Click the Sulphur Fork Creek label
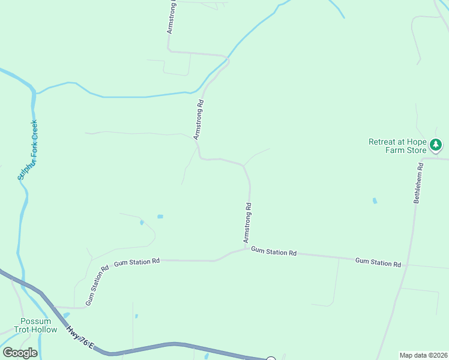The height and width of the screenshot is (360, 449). [28, 150]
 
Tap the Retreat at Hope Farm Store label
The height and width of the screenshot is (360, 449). [397, 146]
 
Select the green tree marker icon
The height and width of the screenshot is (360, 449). [436, 145]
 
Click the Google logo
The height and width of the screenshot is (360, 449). [20, 353]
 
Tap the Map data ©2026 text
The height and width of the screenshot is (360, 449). [423, 355]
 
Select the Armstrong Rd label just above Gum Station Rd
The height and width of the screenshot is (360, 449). [247, 223]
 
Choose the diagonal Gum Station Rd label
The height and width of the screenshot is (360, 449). [97, 286]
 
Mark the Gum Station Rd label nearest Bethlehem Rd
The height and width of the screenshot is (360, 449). [378, 262]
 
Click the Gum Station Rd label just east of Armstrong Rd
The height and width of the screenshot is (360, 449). [274, 252]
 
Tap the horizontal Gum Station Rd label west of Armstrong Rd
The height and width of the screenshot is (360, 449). [137, 262]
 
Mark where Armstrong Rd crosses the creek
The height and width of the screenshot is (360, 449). [226, 60]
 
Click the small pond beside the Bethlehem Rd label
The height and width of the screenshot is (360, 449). [375, 200]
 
